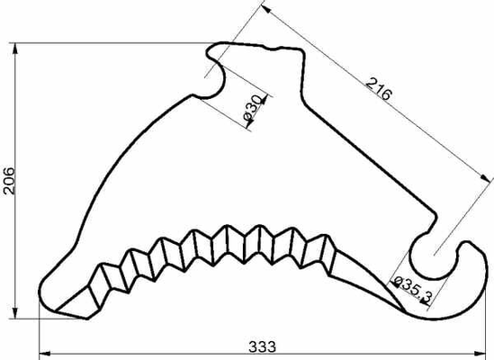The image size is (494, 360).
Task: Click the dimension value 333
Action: tap(262, 346)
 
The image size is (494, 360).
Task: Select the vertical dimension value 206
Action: tap(8, 181)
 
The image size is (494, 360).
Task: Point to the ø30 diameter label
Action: tap(252, 109)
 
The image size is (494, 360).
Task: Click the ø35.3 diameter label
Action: tap(412, 290)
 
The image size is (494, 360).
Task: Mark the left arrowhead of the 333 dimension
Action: tap(44, 353)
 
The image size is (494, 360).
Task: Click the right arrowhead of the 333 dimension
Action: tap(481, 353)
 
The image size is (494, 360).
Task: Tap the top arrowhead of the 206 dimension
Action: tap(14, 49)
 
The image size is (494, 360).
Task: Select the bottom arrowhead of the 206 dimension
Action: tap(14, 312)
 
